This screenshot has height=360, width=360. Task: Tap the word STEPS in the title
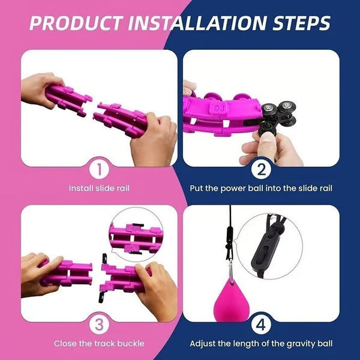301,23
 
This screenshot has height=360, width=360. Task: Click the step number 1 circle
100,170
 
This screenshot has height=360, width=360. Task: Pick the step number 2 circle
261,170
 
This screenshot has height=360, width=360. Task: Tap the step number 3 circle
100,325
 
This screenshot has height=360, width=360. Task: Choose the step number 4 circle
261,325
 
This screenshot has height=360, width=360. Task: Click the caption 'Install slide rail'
99,188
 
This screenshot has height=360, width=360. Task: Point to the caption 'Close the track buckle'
99,343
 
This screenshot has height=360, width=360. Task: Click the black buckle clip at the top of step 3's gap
105,259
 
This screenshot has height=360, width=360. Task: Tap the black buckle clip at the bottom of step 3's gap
101,297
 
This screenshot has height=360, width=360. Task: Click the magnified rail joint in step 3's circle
137,239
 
